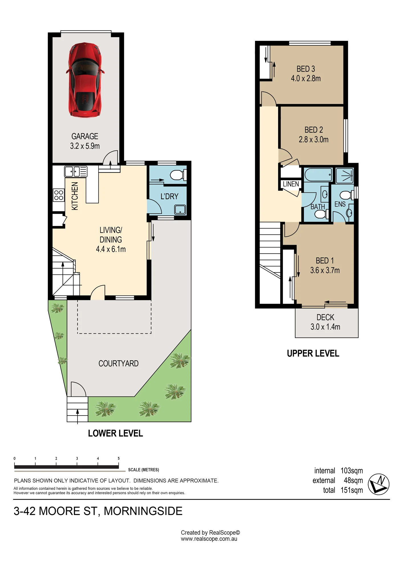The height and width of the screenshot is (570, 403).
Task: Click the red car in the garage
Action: [x=85, y=80]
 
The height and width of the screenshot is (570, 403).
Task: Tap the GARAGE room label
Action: [x=85, y=136]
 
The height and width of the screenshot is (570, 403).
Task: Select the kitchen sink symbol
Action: [x=76, y=172]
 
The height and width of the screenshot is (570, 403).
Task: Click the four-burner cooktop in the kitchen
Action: [x=59, y=195]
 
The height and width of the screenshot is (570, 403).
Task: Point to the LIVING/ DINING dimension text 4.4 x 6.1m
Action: [x=111, y=249]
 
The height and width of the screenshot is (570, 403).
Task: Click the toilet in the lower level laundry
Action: [x=178, y=175]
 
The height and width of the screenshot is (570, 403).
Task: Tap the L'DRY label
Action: [x=169, y=196]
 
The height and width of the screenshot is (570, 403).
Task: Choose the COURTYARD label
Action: [x=119, y=363]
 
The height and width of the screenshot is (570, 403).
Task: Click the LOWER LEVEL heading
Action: [x=115, y=433]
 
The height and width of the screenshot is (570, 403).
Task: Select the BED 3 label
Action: [x=306, y=69]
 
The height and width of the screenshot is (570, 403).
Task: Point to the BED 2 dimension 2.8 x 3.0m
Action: [x=314, y=139]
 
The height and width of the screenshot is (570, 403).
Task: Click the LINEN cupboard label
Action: [x=291, y=184]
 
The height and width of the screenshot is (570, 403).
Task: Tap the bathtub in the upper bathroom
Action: [x=318, y=174]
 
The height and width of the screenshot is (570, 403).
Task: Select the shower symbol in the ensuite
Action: [x=345, y=176]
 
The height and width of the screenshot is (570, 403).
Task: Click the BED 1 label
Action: [x=325, y=260]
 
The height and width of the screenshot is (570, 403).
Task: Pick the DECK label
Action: [x=325, y=317]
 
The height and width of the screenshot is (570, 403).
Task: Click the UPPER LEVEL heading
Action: [x=313, y=353]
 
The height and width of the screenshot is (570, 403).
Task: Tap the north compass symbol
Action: [x=378, y=484]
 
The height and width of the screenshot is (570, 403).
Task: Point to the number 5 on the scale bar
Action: [x=119, y=459]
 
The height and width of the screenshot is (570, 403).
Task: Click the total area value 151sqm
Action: [x=352, y=490]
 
